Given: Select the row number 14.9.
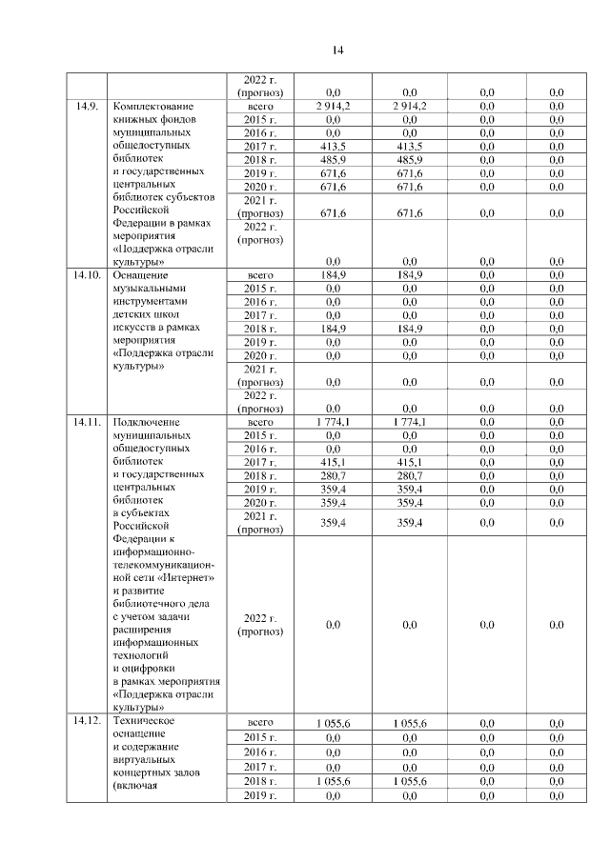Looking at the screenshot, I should (87, 106).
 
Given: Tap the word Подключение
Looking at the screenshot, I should (146, 421).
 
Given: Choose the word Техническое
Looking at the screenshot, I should (143, 721).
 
